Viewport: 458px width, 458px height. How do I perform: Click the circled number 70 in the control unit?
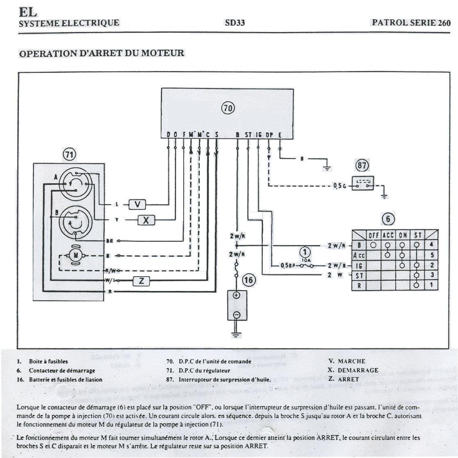click(228, 108)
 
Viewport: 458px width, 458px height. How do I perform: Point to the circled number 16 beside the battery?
click(249, 280)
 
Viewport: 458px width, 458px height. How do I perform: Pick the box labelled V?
click(137, 204)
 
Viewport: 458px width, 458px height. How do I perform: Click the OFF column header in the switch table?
click(373, 236)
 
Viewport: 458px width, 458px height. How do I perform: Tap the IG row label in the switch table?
click(359, 266)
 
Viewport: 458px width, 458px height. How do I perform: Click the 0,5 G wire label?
click(340, 186)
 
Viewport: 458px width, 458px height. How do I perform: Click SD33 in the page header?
click(235, 23)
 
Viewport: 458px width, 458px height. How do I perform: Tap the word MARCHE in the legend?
click(351, 362)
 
